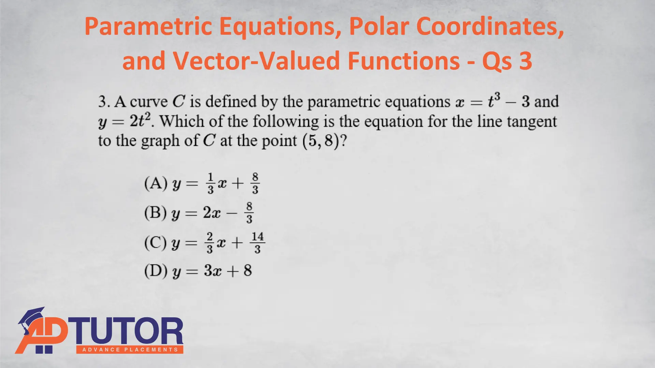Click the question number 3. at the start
click(104, 102)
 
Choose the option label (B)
click(156, 213)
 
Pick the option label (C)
click(156, 243)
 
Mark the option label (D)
click(156, 271)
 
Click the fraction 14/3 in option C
click(258, 243)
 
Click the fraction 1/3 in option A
click(210, 183)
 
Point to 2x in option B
click(212, 213)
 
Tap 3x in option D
click(213, 271)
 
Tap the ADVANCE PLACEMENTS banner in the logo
click(130, 350)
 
